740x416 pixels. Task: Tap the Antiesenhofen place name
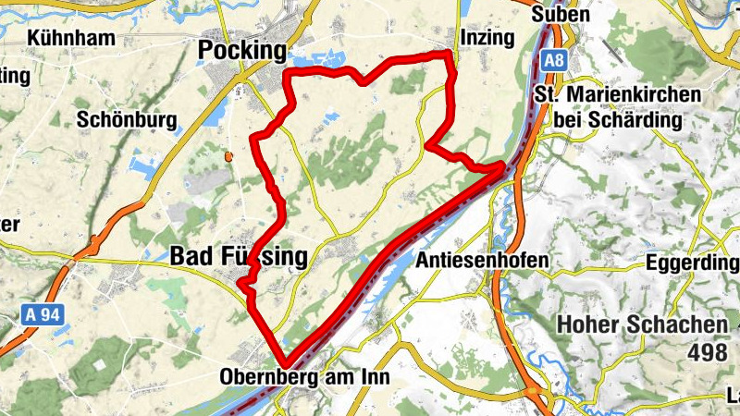482,262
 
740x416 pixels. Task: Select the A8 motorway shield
553,62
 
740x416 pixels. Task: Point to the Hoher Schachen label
642,325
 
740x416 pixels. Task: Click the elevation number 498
711,351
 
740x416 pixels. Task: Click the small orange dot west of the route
228,156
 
